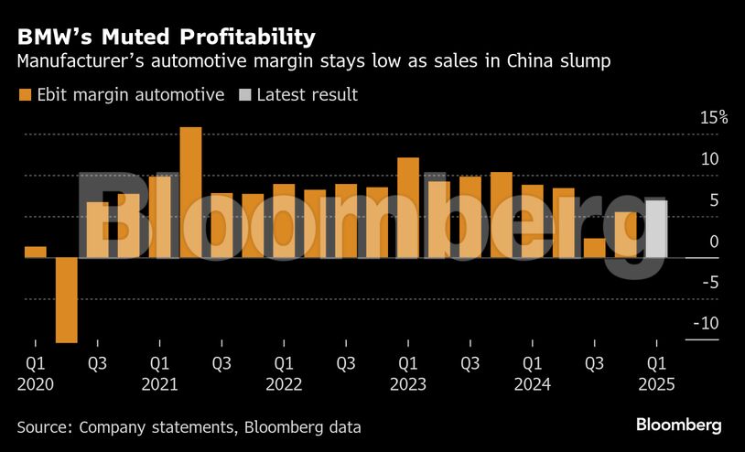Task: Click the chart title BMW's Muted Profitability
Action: click(x=166, y=37)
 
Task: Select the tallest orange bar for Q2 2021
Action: click(x=190, y=191)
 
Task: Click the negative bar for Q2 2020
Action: click(x=66, y=299)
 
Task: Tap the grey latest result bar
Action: click(x=656, y=229)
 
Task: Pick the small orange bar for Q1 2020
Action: click(x=35, y=252)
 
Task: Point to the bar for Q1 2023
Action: click(x=408, y=207)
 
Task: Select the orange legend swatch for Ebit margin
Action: click(x=25, y=94)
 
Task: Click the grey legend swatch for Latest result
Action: click(x=244, y=94)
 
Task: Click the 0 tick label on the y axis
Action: click(x=714, y=242)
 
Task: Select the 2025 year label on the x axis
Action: click(x=657, y=384)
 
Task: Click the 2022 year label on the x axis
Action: click(x=284, y=384)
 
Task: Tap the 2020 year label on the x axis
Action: click(x=36, y=384)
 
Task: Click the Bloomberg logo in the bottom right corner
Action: click(x=679, y=425)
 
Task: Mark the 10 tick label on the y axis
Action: click(x=709, y=159)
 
